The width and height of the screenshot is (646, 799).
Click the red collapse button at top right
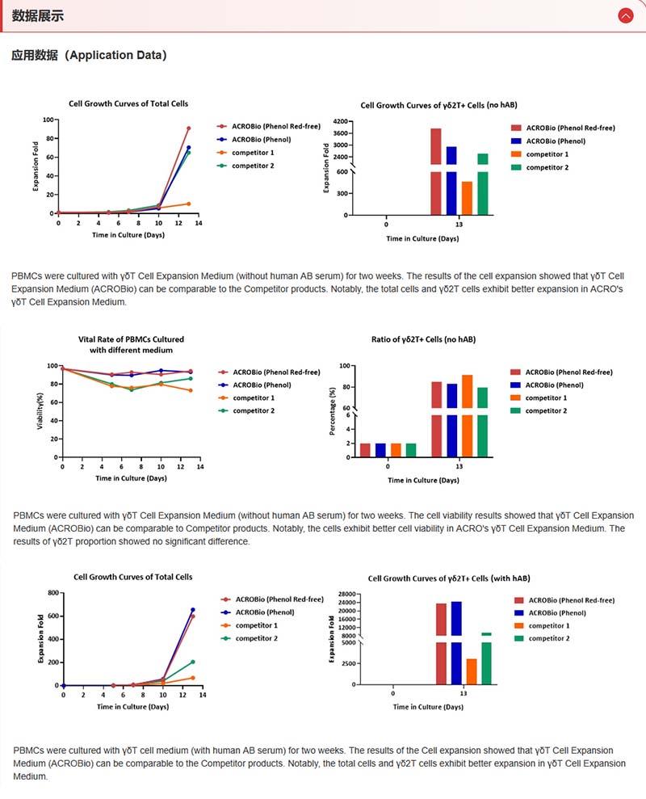(625, 15)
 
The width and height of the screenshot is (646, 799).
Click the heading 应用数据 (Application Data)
(89, 56)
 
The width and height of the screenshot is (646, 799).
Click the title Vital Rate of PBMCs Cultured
(131, 339)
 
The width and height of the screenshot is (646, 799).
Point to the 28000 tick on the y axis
(345, 593)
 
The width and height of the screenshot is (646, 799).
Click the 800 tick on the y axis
(52, 593)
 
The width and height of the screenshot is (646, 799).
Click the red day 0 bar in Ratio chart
(365, 450)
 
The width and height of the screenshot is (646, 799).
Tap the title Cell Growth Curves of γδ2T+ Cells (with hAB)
(449, 578)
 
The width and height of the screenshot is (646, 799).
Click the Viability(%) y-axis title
(40, 411)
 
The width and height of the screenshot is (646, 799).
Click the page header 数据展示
(38, 16)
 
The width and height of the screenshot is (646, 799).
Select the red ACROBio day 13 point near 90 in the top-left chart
(188, 128)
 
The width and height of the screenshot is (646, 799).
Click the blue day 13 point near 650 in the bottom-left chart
(192, 610)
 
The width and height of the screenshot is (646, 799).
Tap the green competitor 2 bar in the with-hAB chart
(486, 658)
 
